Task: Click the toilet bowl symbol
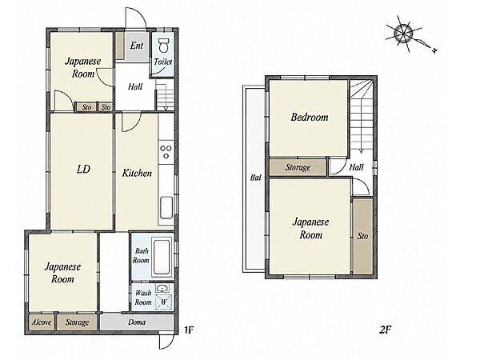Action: click(164, 46)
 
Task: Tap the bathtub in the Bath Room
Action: click(162, 257)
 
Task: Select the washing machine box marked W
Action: click(163, 302)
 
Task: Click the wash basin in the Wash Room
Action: click(162, 288)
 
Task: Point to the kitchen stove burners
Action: click(166, 152)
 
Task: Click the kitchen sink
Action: click(166, 207)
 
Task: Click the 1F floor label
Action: click(189, 330)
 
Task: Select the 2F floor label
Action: click(385, 330)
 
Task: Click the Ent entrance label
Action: click(137, 46)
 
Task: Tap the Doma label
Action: click(137, 322)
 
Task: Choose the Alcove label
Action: click(42, 322)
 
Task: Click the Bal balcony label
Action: click(256, 178)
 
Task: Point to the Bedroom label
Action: click(310, 117)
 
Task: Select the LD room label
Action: click(83, 169)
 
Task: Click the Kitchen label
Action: click(137, 174)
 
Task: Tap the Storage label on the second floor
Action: click(298, 167)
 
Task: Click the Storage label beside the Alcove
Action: click(77, 322)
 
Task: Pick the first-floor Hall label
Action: click(135, 86)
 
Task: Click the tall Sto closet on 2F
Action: click(362, 236)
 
